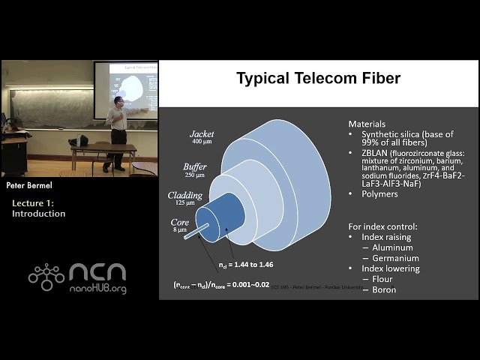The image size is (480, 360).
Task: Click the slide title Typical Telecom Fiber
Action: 318,78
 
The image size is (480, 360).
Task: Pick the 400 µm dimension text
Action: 202,142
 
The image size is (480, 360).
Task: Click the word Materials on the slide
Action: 367,124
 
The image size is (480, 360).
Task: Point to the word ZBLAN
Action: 374,153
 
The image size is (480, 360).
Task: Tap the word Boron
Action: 384,289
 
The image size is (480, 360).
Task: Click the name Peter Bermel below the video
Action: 28,184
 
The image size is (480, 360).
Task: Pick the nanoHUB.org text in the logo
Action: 97,289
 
